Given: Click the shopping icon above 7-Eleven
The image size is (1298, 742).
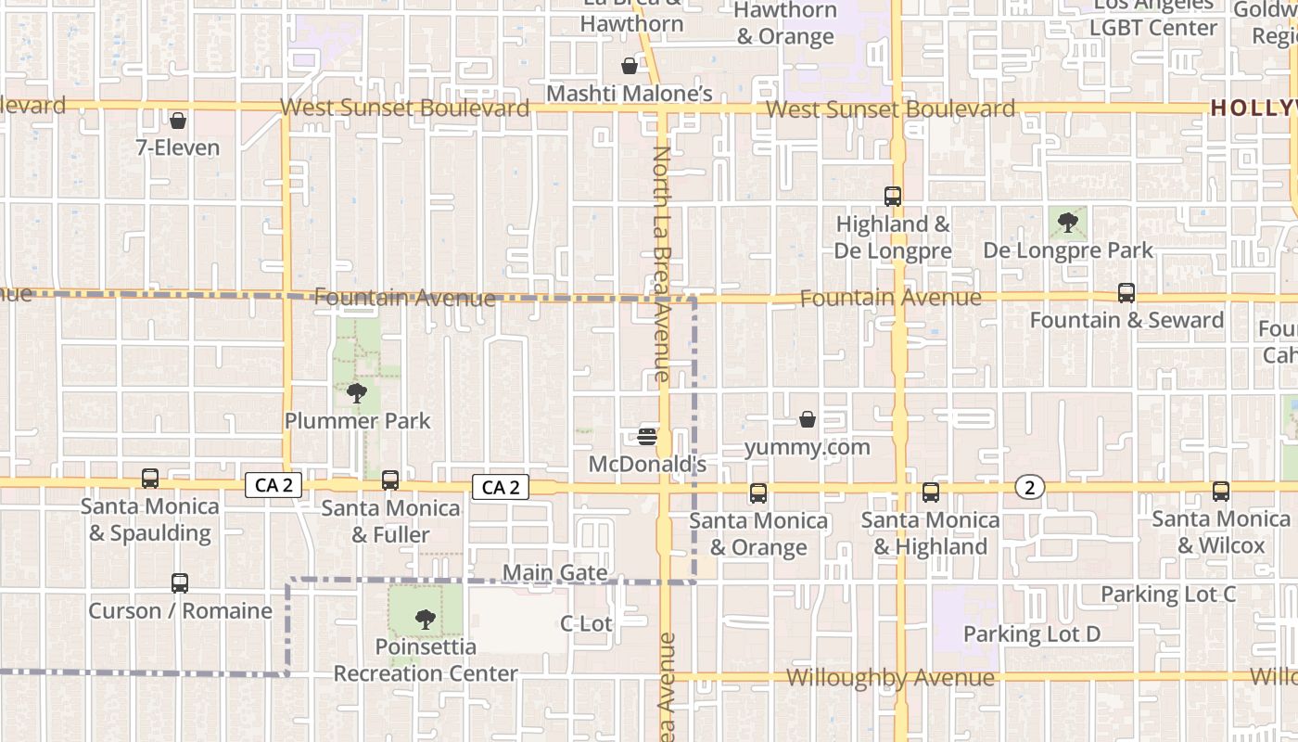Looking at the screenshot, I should [x=178, y=121].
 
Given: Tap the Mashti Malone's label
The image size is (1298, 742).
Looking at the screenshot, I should [x=629, y=94].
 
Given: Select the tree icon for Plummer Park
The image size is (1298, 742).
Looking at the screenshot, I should [x=356, y=393].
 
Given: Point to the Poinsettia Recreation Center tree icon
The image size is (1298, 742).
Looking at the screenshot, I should [x=426, y=619].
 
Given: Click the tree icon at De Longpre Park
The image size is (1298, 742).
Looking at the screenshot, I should [x=1067, y=223].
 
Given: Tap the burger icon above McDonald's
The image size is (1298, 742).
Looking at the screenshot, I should [x=647, y=436].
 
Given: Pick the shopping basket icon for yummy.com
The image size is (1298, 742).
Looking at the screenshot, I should [x=808, y=420].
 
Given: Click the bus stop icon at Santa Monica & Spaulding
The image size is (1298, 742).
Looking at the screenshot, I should [x=150, y=479].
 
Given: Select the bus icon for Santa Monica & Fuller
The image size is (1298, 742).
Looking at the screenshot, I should [x=390, y=480].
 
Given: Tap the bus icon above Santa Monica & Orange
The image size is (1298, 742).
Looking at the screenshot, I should [x=758, y=493].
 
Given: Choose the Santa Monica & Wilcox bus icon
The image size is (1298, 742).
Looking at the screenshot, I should [x=1221, y=492].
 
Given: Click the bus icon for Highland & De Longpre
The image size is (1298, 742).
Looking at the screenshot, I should [x=893, y=197].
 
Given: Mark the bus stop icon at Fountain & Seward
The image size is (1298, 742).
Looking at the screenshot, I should [x=1126, y=293].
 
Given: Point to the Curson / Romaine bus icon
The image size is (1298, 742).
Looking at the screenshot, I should [x=180, y=583].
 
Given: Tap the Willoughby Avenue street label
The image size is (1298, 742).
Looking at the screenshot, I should [x=890, y=678].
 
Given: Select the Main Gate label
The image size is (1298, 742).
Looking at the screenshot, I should [x=554, y=573].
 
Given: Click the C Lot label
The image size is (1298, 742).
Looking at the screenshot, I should [x=586, y=624].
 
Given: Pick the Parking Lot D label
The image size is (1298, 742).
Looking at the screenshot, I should [x=1031, y=634].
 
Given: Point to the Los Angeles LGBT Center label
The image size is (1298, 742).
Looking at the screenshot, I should [x=1152, y=17].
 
